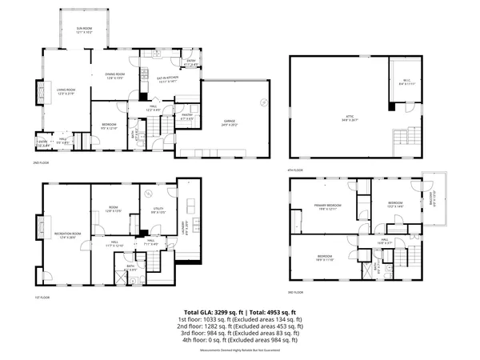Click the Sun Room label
click(85, 31)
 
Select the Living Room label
click(65, 90)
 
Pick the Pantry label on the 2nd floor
click(187, 117)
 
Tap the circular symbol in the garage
click(263, 101)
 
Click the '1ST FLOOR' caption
click(43, 298)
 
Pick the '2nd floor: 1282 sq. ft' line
click(240, 326)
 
